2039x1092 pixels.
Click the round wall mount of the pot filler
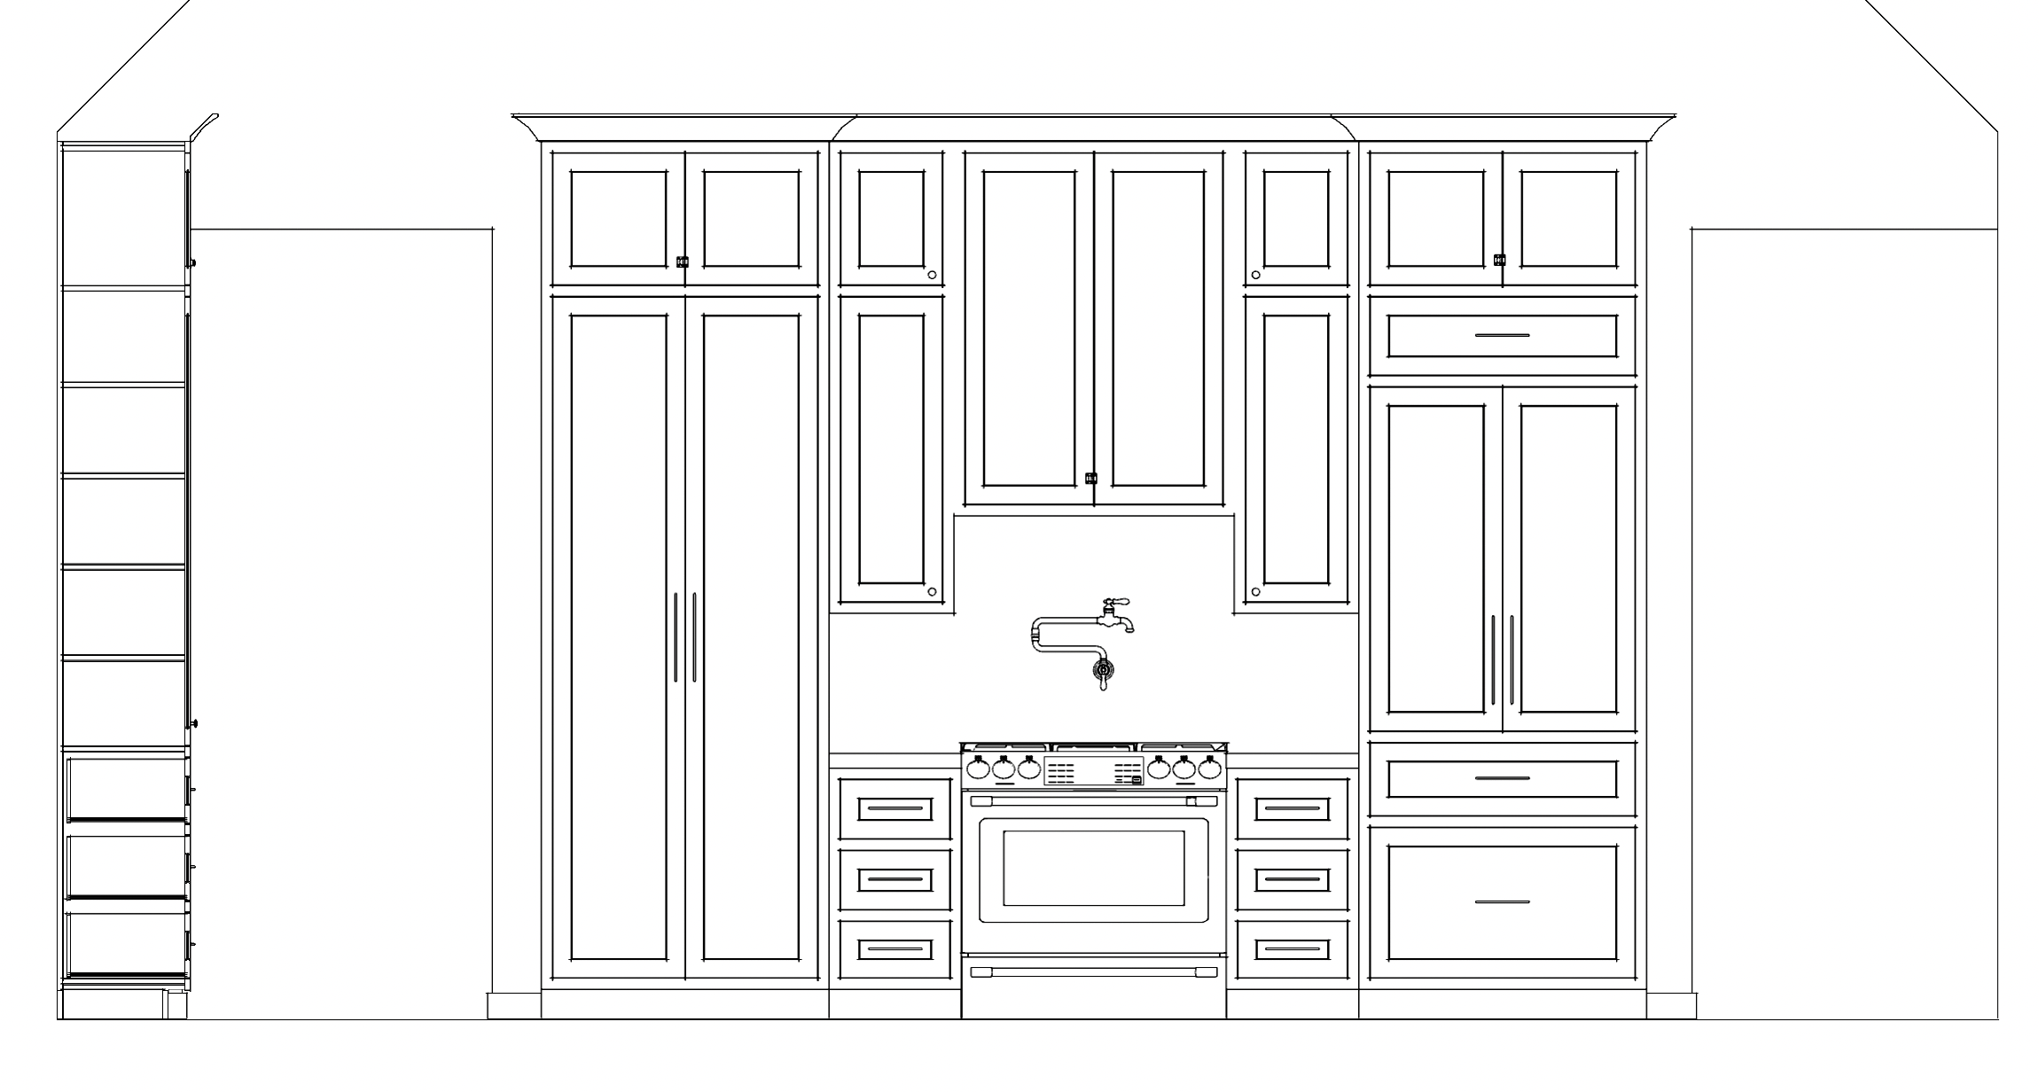click(1103, 668)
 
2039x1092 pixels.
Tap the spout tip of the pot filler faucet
click(1037, 635)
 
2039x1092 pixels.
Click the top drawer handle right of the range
click(1293, 807)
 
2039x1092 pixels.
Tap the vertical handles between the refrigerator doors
click(1504, 665)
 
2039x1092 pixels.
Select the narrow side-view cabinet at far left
click(124, 576)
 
